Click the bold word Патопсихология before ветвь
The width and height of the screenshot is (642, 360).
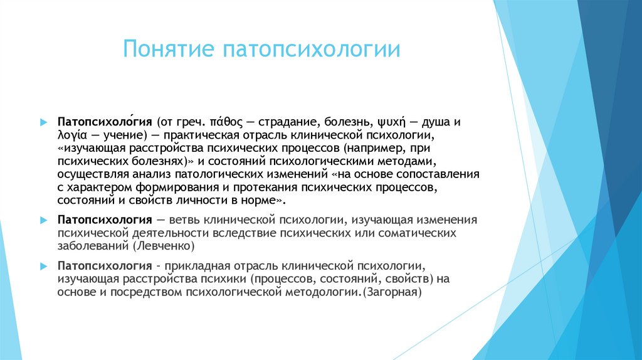105,220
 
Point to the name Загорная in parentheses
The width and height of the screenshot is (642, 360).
394,292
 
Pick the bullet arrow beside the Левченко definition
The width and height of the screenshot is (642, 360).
43,220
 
